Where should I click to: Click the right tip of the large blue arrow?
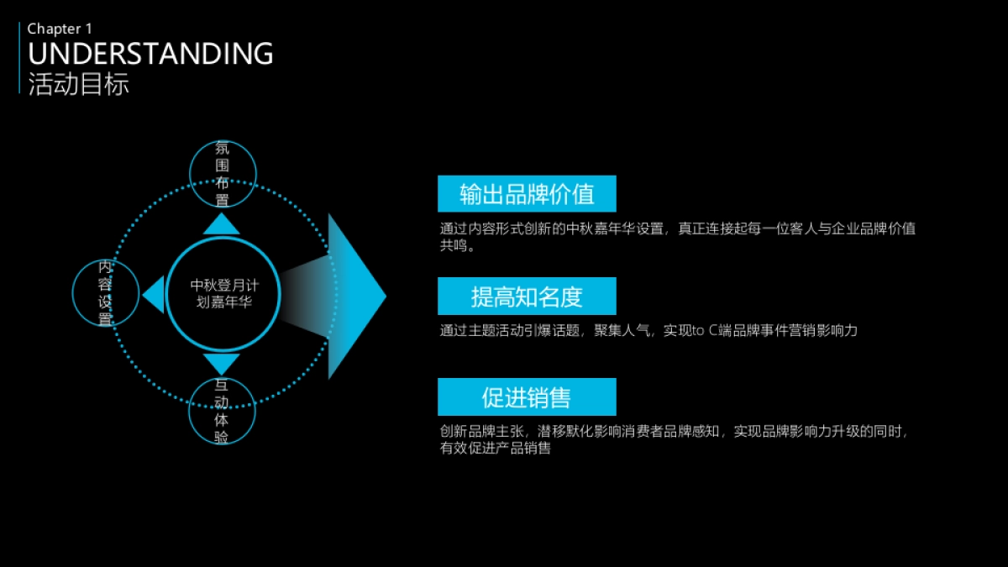(386, 296)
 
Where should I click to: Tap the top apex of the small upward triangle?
(222, 213)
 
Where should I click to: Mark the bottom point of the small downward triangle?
(222, 375)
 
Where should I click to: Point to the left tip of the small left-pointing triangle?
(142, 295)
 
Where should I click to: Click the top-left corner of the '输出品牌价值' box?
(438, 176)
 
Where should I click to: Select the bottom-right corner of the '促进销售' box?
(617, 415)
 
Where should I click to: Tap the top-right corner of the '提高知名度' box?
(617, 277)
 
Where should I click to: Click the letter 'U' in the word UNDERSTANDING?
(38, 54)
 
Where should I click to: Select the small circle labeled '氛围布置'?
(223, 174)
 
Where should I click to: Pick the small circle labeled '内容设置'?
(106, 293)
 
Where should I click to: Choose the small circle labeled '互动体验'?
(222, 411)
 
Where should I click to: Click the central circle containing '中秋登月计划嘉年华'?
(223, 294)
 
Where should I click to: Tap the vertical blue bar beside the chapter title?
(19, 58)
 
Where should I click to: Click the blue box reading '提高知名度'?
(527, 296)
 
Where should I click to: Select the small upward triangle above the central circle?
(222, 223)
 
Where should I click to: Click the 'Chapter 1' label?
(60, 29)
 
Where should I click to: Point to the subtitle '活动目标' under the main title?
(79, 84)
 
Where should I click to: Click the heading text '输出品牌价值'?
(527, 194)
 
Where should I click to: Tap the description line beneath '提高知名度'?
(648, 331)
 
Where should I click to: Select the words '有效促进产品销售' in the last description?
(496, 448)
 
